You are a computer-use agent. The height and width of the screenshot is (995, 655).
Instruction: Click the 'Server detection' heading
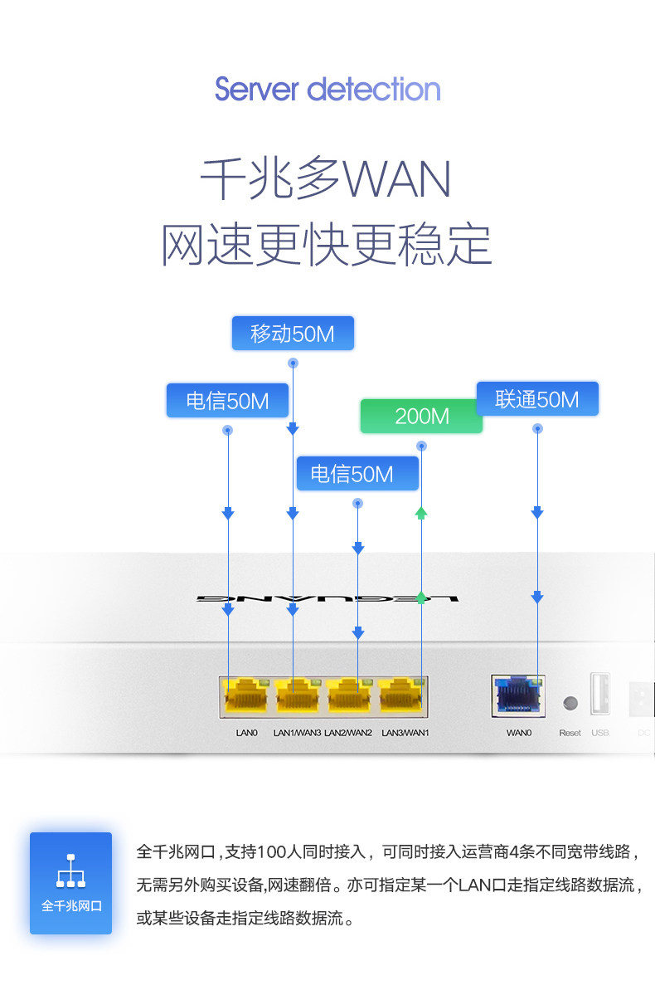coord(327,90)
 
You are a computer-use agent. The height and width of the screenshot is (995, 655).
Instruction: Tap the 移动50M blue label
coord(293,333)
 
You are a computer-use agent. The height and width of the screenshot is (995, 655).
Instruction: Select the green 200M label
coord(422,417)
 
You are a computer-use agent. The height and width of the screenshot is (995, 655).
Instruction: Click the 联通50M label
coord(537,399)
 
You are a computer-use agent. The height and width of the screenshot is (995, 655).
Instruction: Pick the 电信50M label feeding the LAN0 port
coord(228,401)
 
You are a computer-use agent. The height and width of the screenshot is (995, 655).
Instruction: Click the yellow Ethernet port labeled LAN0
coord(246,695)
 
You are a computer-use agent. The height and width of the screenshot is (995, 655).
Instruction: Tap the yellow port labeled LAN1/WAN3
coord(298,695)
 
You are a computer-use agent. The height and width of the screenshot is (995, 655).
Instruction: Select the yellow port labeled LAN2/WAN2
coord(349,695)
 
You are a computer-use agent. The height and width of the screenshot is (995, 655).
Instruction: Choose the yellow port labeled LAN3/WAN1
coord(400,695)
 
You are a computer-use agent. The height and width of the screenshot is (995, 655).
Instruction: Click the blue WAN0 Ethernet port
coord(518,695)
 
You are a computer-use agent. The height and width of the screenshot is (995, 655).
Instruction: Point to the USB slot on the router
coord(599,694)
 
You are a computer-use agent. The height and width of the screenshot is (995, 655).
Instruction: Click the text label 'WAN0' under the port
coord(519,733)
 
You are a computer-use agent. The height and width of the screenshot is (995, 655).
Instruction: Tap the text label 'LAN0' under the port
coord(246,733)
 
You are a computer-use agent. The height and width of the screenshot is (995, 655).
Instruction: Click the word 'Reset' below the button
coord(570,733)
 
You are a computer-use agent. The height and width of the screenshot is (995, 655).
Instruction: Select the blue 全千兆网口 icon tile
coord(71,883)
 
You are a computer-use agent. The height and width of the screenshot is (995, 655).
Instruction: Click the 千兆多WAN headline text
coord(326,179)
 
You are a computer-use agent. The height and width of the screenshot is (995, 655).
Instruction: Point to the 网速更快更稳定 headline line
coord(327,245)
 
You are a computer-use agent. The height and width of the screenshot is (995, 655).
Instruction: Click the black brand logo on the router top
coord(327,598)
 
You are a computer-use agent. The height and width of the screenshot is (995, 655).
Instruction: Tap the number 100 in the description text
coord(274,851)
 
